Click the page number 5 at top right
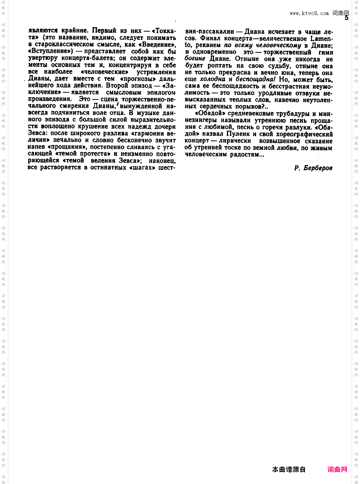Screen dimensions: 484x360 click(x=346, y=18)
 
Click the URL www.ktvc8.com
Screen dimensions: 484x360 click(x=309, y=13)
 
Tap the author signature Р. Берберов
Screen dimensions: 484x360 click(x=313, y=168)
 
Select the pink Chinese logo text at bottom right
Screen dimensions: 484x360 click(x=337, y=469)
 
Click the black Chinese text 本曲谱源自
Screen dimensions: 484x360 click(x=289, y=469)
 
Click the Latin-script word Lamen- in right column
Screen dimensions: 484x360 click(x=322, y=38)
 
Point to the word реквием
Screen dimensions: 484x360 click(x=209, y=45)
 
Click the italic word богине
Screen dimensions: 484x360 click(x=195, y=58)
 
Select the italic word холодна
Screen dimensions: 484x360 click(x=212, y=79)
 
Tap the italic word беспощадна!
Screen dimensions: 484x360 click(x=255, y=79)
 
